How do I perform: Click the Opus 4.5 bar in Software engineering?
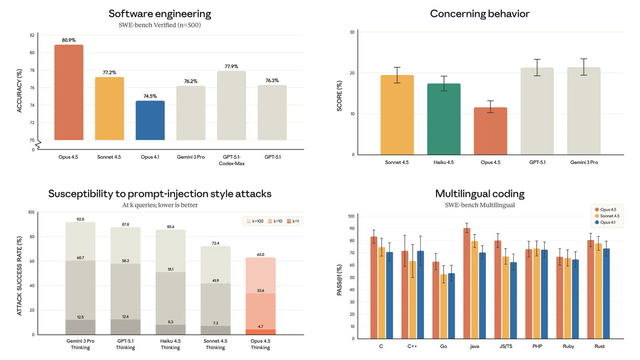click(69, 92)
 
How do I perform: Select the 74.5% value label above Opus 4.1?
click(150, 96)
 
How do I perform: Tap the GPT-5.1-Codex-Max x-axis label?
click(232, 160)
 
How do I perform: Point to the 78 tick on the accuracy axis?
click(32, 70)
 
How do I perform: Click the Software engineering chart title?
click(160, 14)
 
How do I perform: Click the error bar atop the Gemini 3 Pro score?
click(584, 67)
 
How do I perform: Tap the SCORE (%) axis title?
click(339, 96)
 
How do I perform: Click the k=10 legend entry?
click(275, 221)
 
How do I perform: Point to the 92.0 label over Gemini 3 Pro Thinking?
click(80, 219)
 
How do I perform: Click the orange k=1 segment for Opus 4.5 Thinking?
click(260, 332)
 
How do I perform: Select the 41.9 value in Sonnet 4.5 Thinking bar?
click(216, 280)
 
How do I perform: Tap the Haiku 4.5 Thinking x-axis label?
click(170, 344)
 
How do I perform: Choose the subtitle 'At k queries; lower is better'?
click(160, 205)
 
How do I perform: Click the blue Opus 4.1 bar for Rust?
click(606, 294)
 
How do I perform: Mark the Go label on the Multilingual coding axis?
click(443, 346)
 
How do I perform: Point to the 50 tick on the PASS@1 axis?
click(352, 278)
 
